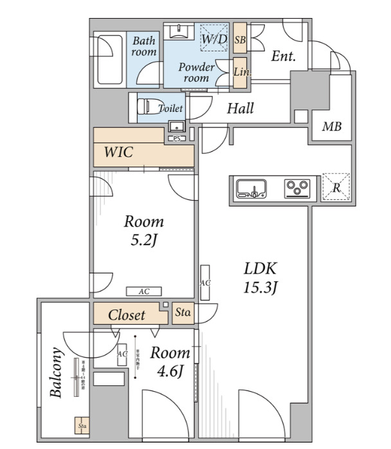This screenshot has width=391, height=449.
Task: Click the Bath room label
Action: tap(144, 46)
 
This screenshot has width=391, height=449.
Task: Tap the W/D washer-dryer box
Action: tap(213, 40)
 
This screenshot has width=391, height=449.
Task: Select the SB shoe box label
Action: tap(240, 40)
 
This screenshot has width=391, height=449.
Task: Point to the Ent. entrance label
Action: tap(283, 56)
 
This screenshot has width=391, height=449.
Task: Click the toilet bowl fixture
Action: tap(150, 107)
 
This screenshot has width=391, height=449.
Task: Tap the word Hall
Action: tap(240, 108)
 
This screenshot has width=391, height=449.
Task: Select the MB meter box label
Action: tap(332, 127)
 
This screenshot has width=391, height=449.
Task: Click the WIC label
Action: tap(119, 152)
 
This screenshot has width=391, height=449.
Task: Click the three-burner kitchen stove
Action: tap(297, 188)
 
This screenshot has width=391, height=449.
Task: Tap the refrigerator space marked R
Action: tap(336, 188)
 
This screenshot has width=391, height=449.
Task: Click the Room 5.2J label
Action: tap(143, 231)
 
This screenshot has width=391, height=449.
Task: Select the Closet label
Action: tap(126, 315)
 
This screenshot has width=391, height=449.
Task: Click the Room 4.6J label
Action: tap(170, 362)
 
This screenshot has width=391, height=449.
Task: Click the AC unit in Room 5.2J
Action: tap(144, 291)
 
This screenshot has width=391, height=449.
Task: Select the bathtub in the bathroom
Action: tap(109, 59)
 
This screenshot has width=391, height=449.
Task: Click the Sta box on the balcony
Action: tap(82, 426)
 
